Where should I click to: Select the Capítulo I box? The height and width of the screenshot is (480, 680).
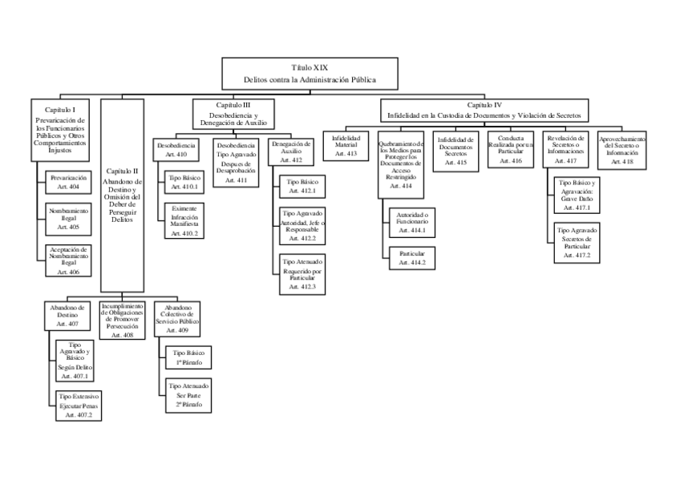coord(61,128)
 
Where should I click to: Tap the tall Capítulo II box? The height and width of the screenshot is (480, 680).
coord(123,195)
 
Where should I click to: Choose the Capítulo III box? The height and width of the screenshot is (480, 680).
coord(234,115)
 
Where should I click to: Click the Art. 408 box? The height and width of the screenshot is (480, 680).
coord(123,321)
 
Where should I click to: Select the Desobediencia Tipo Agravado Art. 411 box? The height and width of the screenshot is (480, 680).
coord(234,163)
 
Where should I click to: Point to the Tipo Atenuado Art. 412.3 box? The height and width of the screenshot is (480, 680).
coord(303,273)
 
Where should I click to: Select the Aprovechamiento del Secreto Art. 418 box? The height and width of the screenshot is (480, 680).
coord(623,150)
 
